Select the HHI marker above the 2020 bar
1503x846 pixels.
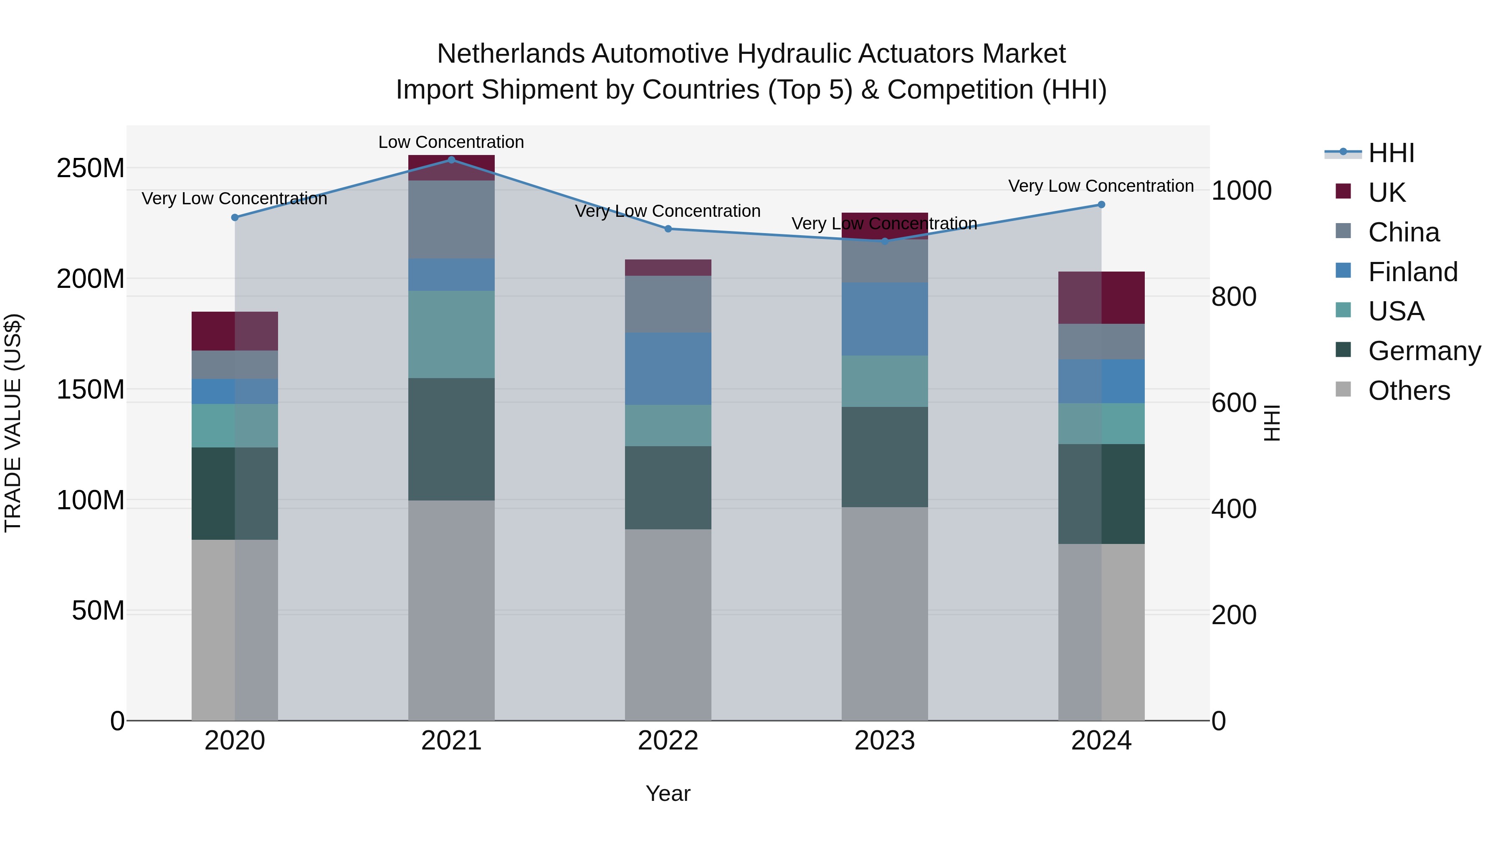[235, 217]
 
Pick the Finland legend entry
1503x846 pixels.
[1412, 272]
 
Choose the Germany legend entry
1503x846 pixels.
[1424, 351]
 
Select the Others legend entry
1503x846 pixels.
[1409, 391]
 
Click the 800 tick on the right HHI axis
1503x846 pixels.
[1233, 297]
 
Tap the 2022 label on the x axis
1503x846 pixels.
[668, 740]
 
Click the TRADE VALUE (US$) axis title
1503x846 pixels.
[13, 423]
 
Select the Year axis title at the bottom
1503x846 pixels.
[668, 793]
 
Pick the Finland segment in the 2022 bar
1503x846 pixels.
[668, 368]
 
